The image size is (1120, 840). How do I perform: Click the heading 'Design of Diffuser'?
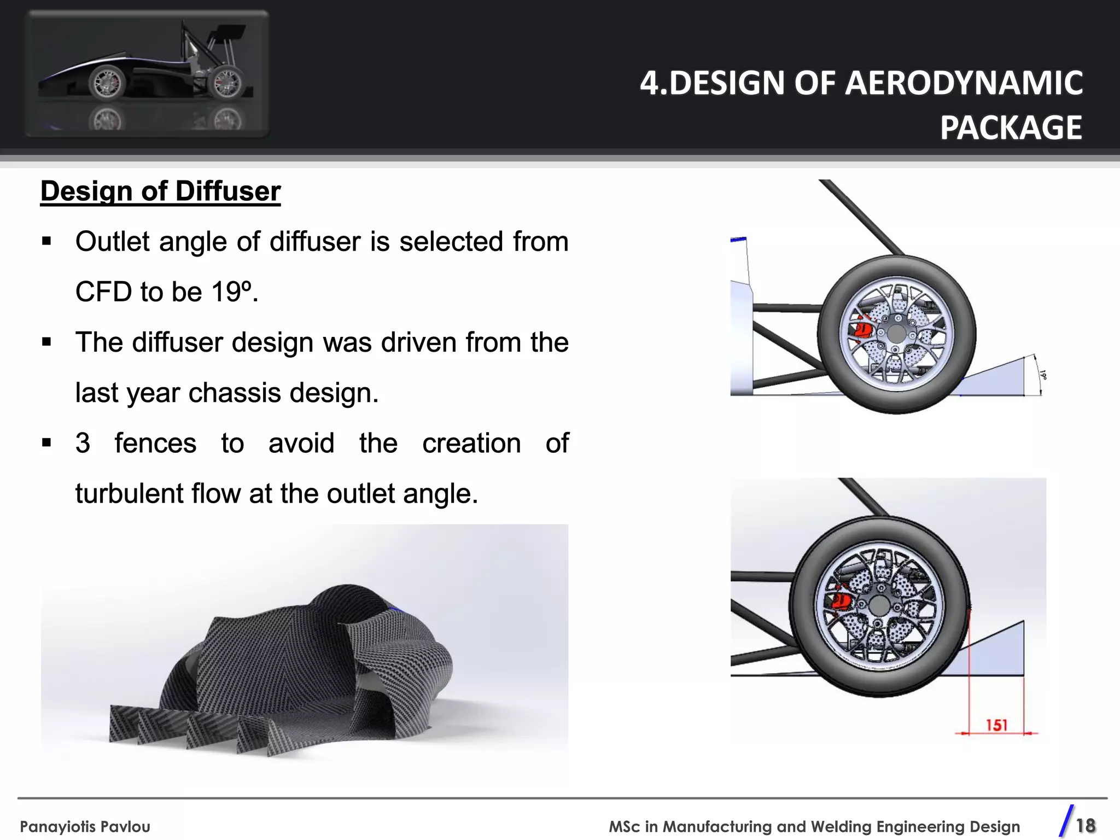(x=160, y=191)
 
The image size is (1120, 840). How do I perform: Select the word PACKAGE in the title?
(x=1011, y=128)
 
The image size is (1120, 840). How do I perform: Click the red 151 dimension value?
(x=996, y=725)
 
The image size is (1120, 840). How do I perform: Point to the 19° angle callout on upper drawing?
(x=1043, y=375)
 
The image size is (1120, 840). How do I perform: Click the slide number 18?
(x=1086, y=825)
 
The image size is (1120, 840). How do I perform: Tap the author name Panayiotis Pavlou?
(x=85, y=826)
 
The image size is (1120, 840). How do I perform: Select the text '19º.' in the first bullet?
(x=235, y=291)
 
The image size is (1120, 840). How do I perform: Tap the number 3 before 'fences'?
(x=83, y=443)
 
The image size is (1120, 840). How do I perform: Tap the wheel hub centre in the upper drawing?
(x=896, y=334)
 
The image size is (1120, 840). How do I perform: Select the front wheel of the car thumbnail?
(x=107, y=83)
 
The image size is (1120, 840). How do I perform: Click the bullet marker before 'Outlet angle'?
(x=46, y=241)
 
